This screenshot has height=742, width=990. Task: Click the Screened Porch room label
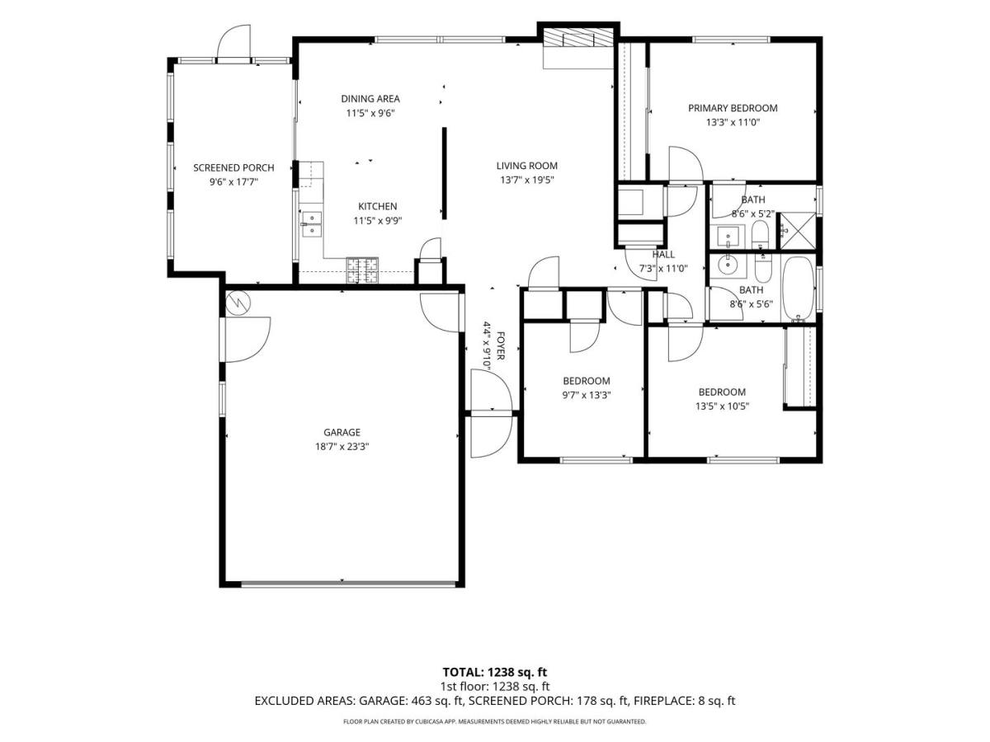tap(233, 167)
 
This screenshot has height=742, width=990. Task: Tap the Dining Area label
tap(370, 99)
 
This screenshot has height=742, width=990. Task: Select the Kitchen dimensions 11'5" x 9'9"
tap(378, 221)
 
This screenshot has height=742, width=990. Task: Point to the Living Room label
tap(527, 166)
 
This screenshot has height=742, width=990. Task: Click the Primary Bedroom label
tap(733, 108)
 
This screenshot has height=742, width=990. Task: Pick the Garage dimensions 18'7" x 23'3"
tap(342, 447)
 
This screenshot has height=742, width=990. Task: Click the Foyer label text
tap(500, 346)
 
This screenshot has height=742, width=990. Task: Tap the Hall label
tap(663, 255)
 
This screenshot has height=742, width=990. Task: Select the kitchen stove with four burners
tap(362, 270)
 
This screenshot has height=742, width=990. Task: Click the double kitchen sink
tap(312, 224)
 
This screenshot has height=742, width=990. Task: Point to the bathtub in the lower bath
tap(798, 288)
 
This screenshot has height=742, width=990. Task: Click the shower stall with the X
tap(798, 230)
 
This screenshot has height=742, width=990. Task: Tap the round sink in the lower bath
tap(727, 265)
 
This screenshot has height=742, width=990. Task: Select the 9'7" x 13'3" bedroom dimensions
tap(587, 395)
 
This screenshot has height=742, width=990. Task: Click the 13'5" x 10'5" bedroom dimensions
tap(722, 406)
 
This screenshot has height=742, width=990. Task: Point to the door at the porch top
tap(233, 43)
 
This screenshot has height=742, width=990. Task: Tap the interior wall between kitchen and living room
tap(444, 173)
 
